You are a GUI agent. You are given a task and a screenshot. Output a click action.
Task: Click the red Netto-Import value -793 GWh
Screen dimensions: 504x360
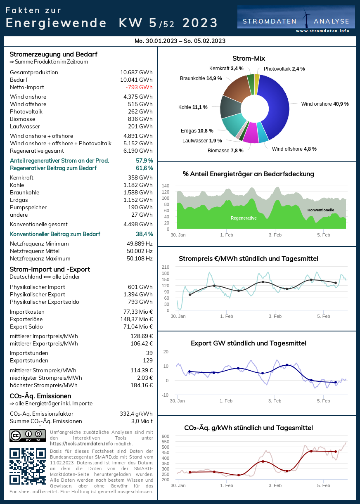(139, 88)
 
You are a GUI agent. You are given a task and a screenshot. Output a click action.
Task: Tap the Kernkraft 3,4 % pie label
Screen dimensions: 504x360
(226, 69)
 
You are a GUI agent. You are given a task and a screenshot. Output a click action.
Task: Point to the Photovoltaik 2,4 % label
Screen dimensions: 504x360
(284, 69)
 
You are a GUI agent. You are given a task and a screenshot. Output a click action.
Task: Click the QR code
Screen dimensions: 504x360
(27, 466)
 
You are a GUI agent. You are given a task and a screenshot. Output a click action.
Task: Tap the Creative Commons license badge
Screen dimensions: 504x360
(27, 435)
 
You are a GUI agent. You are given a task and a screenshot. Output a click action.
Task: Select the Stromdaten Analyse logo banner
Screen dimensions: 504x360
(296, 20)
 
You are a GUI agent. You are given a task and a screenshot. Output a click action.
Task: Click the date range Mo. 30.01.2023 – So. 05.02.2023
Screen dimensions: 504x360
(180, 41)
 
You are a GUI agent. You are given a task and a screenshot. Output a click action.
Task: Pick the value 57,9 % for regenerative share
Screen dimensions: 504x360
(144, 161)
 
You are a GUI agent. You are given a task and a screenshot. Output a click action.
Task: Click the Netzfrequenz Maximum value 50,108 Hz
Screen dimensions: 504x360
(140, 259)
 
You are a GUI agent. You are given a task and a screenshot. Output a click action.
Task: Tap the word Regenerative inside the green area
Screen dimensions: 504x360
(244, 218)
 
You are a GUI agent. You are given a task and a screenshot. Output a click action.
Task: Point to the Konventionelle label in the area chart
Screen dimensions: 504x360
(321, 210)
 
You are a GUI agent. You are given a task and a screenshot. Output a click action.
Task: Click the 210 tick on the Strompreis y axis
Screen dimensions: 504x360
(166, 267)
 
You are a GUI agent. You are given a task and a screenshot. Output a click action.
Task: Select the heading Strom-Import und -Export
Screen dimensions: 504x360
(50, 270)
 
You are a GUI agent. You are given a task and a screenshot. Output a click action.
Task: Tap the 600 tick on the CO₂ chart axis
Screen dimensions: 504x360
(165, 436)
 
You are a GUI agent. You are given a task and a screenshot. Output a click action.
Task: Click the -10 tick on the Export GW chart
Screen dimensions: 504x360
(165, 395)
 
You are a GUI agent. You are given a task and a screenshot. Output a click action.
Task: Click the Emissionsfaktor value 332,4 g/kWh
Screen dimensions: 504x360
(136, 414)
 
